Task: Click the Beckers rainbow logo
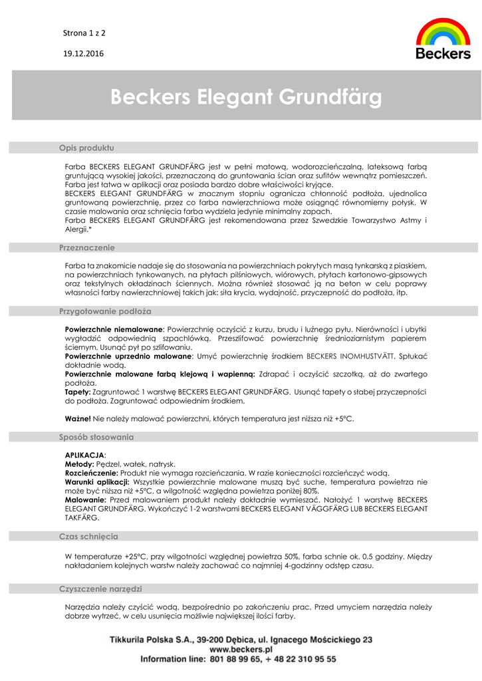click(x=443, y=39)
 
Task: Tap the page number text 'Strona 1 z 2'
click(x=84, y=32)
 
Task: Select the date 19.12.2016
click(x=83, y=53)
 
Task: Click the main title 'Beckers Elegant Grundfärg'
click(x=246, y=98)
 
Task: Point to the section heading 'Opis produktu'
click(x=86, y=147)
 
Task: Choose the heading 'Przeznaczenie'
click(x=87, y=247)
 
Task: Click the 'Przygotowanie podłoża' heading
click(x=106, y=311)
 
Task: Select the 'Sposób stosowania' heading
click(x=96, y=437)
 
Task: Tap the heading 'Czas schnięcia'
click(x=89, y=536)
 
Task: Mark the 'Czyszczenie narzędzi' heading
click(x=100, y=589)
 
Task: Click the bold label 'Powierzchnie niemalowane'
click(x=114, y=329)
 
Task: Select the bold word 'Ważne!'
click(x=78, y=418)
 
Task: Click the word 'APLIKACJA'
click(x=84, y=455)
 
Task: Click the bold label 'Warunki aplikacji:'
click(x=97, y=481)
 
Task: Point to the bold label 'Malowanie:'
click(x=86, y=499)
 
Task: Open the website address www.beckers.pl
click(x=241, y=649)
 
